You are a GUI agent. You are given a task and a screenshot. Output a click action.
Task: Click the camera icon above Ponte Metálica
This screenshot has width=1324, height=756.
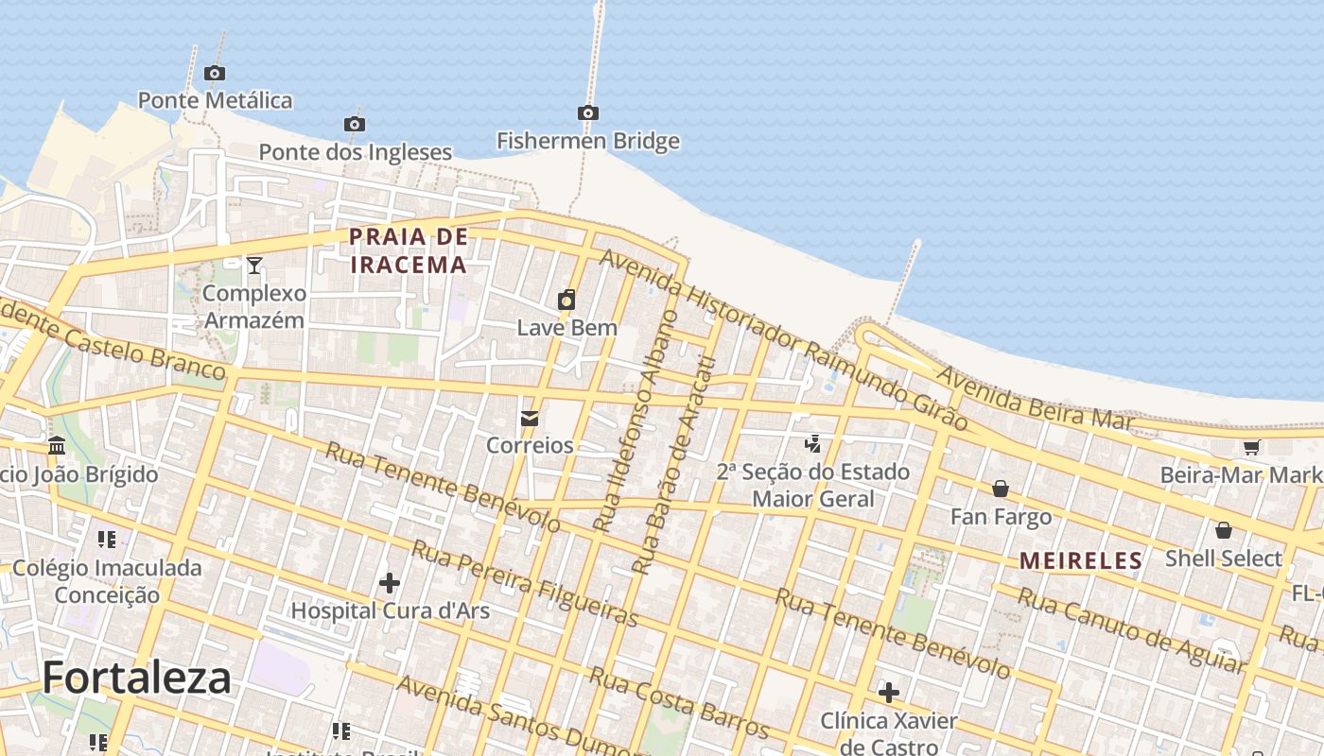tap(215, 74)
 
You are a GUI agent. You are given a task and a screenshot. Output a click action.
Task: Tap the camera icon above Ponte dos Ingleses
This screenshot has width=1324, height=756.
tap(354, 125)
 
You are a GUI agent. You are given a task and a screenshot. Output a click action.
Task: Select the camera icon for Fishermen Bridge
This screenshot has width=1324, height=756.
tap(587, 113)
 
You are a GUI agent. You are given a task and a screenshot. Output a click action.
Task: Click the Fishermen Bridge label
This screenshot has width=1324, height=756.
tap(588, 142)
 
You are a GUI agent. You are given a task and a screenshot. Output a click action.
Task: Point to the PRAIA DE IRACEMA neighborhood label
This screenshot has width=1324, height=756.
tap(409, 250)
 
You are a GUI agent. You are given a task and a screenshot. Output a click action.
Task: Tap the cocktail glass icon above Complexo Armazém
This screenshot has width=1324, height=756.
tap(253, 266)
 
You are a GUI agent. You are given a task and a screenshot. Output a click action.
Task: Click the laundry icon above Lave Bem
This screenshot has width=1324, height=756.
tap(566, 301)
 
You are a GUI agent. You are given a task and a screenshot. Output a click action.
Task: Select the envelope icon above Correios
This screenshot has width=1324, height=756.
tap(529, 418)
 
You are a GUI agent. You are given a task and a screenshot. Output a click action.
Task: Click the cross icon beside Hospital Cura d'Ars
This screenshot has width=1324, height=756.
tap(389, 583)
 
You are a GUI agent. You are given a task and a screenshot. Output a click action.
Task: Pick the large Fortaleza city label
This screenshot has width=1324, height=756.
tap(136, 678)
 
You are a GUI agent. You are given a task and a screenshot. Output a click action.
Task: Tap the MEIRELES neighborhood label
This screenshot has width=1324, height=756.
tap(1081, 560)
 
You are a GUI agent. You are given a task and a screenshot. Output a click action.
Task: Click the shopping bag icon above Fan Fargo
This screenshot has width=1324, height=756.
tap(1000, 489)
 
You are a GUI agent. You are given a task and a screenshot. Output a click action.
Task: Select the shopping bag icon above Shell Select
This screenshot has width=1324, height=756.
tap(1223, 530)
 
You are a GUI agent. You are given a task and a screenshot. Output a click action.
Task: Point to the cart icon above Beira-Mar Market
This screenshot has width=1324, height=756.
tap(1252, 447)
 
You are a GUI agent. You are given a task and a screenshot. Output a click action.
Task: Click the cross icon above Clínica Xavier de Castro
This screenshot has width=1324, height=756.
tap(888, 693)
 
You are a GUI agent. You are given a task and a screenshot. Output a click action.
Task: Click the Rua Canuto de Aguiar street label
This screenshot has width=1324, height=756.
tap(1131, 628)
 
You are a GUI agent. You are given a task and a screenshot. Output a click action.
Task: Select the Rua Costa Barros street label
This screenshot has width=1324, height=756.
tap(678, 702)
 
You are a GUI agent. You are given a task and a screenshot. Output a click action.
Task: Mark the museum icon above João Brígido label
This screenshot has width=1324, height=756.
tap(57, 445)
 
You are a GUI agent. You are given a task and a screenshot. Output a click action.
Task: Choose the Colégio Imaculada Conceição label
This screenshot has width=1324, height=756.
tap(107, 581)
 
